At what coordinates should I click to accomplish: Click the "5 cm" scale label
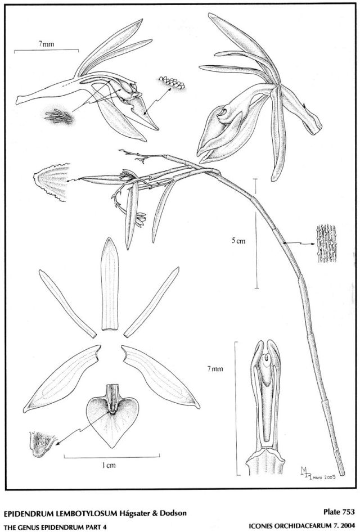[238, 241]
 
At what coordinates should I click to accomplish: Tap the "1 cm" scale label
[109, 466]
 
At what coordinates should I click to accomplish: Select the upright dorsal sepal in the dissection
[110, 283]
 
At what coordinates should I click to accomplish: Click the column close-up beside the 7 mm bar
[265, 407]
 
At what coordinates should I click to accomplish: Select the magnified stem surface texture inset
[326, 244]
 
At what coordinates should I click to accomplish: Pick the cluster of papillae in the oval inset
[172, 83]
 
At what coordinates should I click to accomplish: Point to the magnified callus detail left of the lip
[42, 444]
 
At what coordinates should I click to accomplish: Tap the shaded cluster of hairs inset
[59, 117]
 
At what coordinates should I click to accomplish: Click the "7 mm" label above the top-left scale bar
[47, 44]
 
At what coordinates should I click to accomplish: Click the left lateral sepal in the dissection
[62, 378]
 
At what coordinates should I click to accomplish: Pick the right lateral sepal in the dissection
[161, 377]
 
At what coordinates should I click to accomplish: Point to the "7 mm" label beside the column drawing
[215, 368]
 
